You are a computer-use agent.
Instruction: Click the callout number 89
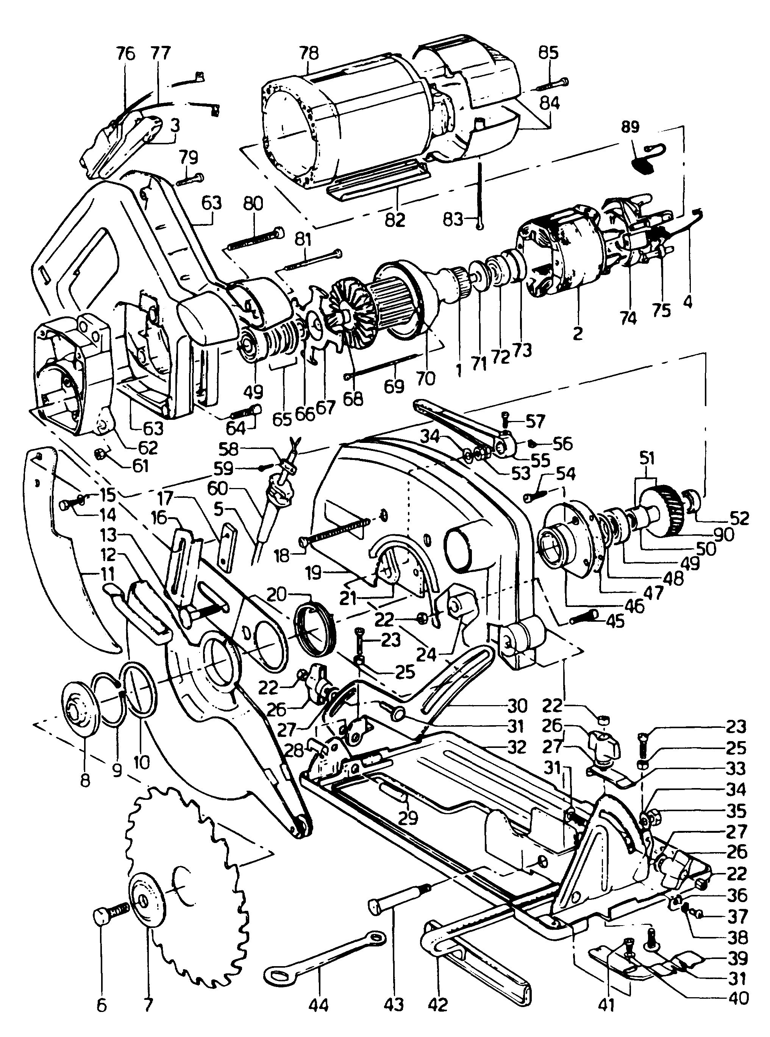(x=630, y=127)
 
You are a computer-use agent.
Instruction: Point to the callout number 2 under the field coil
(x=578, y=334)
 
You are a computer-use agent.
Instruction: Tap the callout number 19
(x=313, y=572)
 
